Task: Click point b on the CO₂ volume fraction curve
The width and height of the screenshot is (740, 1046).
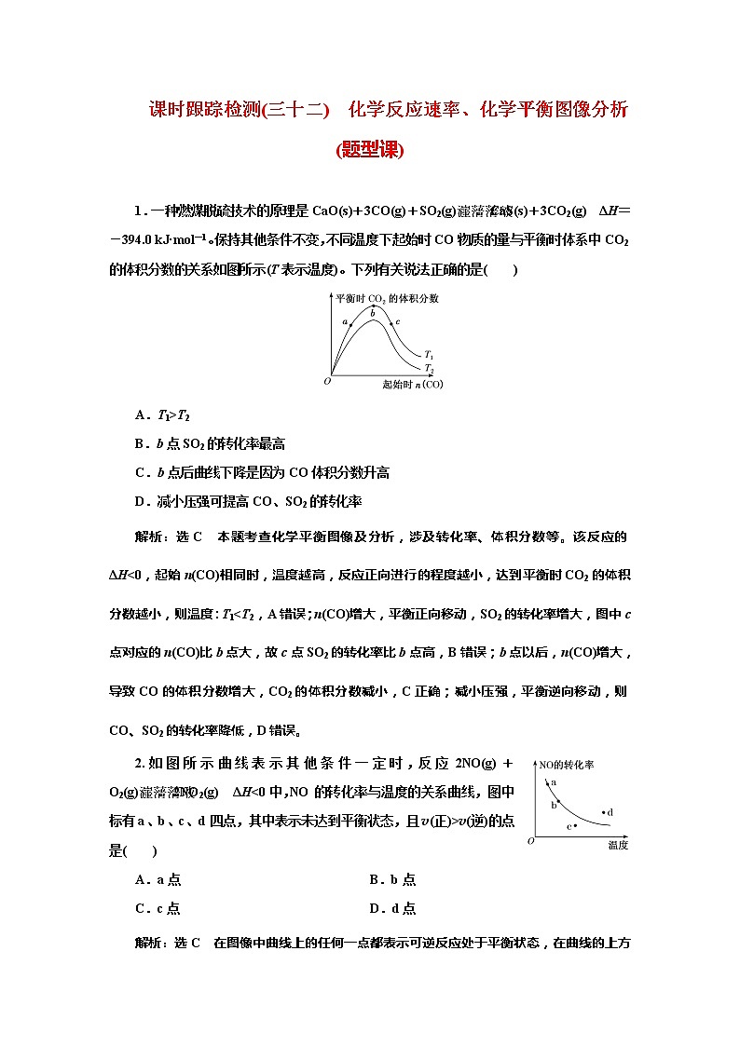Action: (x=373, y=321)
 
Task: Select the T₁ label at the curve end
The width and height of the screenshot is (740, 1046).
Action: (x=429, y=355)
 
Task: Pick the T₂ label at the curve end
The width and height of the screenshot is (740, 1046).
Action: (x=429, y=369)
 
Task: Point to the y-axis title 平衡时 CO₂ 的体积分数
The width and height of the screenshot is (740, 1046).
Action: (x=387, y=298)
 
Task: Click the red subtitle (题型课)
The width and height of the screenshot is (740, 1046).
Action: (x=369, y=150)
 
